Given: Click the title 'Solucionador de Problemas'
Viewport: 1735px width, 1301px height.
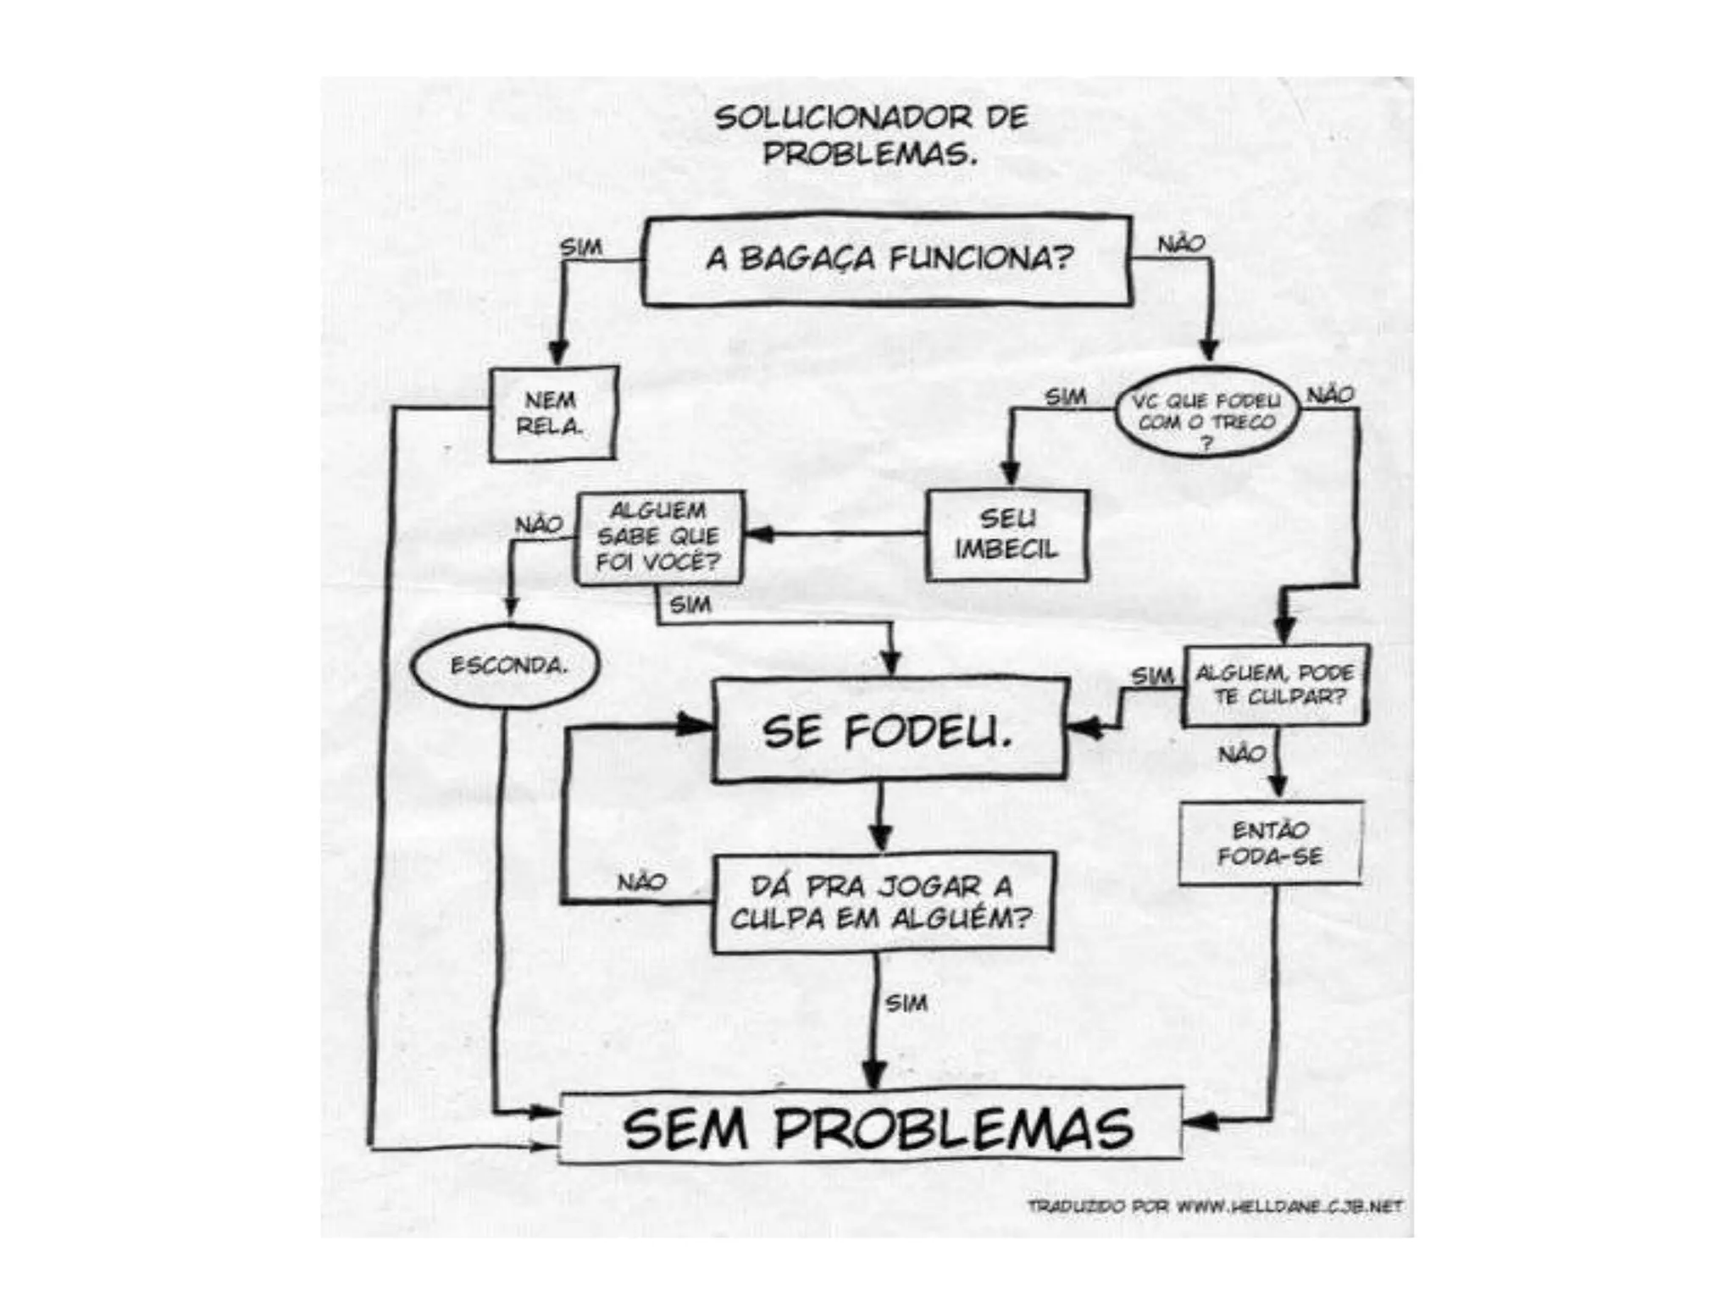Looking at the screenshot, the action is pos(871,136).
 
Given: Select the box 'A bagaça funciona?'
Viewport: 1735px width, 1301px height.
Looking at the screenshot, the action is pos(887,259).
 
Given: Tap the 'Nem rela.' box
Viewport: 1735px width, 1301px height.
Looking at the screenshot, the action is pos(553,413).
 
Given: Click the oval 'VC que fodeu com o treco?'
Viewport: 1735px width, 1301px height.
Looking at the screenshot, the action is pos(1206,412).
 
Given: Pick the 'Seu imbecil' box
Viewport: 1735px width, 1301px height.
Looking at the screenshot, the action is pos(1006,534).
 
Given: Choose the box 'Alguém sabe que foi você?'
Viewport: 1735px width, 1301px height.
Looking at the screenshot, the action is pos(659,537).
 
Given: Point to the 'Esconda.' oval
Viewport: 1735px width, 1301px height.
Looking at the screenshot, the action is pos(507,666).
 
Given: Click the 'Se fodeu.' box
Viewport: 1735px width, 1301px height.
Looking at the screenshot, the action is pos(888,731).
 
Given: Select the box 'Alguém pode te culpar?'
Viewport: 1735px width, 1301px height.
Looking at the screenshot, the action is pos(1274,685).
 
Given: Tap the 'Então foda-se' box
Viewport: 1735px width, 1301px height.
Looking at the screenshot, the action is pos(1270,843).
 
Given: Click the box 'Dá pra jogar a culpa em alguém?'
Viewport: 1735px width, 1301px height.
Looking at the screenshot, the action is pos(882,903).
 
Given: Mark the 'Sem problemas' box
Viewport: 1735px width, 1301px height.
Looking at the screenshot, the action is pos(873,1128).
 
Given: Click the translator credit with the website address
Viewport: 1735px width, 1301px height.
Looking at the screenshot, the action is pos(1215,1205).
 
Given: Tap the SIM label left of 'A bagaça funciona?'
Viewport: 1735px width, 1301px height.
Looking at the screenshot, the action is pos(581,247).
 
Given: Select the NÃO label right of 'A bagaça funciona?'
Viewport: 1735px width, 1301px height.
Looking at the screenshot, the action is pos(1181,244).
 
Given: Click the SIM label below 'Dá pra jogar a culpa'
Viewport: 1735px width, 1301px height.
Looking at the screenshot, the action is pos(906,1004).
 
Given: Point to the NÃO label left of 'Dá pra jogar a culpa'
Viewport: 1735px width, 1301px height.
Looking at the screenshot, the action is pos(641,882).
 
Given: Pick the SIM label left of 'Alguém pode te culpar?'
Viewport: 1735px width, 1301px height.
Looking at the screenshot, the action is pos(1152,676).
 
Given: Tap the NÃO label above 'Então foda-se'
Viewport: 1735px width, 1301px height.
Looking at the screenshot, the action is pos(1242,753).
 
